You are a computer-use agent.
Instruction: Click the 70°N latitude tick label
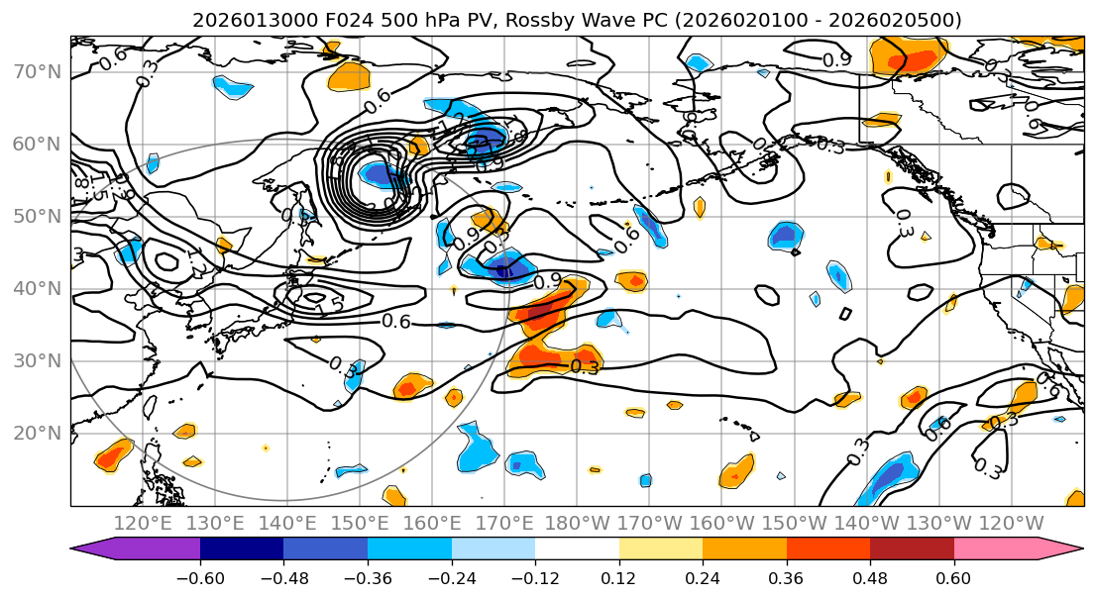pyautogui.click(x=36, y=71)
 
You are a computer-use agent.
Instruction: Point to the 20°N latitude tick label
pyautogui.click(x=36, y=433)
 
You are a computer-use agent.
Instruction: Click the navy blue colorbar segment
pyautogui.click(x=242, y=549)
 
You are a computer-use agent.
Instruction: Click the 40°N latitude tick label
pyautogui.click(x=36, y=288)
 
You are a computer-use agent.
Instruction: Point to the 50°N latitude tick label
pyautogui.click(x=36, y=216)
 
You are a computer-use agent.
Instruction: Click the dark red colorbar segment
pyautogui.click(x=912, y=549)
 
